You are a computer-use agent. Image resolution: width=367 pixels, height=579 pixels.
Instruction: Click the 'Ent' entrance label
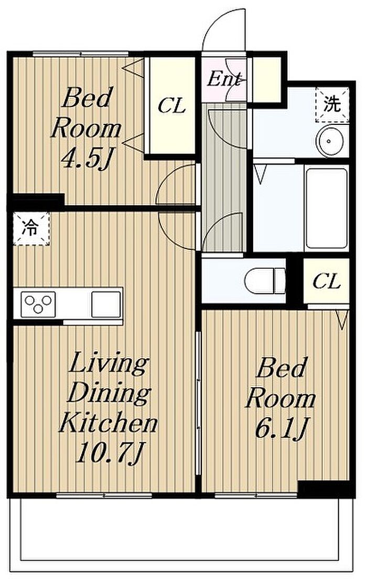[x=224, y=79]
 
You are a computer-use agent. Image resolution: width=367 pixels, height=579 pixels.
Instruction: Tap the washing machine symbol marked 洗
[x=332, y=104]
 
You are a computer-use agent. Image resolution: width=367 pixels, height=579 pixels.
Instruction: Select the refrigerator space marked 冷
[x=31, y=228]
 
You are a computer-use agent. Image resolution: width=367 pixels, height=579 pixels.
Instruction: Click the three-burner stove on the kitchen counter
[x=38, y=304]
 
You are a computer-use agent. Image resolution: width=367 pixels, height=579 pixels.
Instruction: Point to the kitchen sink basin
[x=106, y=304]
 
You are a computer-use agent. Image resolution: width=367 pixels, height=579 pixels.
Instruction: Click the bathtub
[x=327, y=208]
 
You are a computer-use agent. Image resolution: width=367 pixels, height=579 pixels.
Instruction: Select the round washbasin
[x=331, y=141]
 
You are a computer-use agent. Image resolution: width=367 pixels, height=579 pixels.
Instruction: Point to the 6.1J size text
[x=281, y=429]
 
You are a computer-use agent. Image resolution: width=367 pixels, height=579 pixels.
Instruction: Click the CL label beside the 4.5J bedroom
[x=171, y=107]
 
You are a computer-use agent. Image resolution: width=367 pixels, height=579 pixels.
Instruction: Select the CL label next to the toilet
[x=326, y=282]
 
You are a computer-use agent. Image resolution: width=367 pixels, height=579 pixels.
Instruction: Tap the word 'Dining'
[x=110, y=394]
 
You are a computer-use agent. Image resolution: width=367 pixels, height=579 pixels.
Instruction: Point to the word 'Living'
[x=109, y=364]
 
